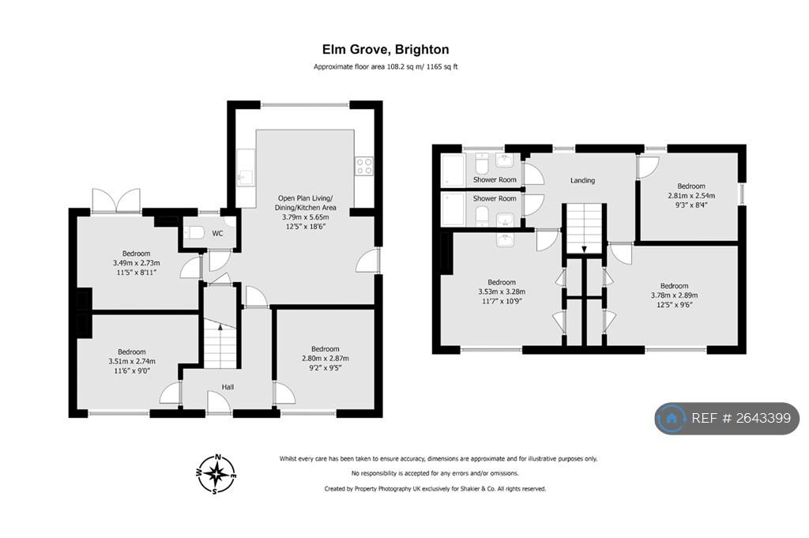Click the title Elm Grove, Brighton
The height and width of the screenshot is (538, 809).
(x=386, y=50)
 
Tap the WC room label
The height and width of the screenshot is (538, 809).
(x=218, y=234)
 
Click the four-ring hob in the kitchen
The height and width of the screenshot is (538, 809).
(x=364, y=166)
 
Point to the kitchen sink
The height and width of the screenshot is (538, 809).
(x=245, y=177)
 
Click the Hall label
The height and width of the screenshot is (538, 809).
(x=228, y=387)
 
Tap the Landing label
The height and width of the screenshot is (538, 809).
(x=582, y=181)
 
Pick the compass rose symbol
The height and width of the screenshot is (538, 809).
(x=217, y=474)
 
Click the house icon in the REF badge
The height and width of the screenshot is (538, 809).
(x=672, y=418)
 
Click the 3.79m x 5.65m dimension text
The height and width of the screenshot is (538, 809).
(x=306, y=217)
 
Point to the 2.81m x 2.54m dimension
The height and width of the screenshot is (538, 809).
(x=691, y=195)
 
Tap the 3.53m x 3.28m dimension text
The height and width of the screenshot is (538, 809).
(x=502, y=292)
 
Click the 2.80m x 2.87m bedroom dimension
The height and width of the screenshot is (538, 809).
(x=325, y=359)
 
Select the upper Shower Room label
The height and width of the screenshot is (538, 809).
(x=495, y=179)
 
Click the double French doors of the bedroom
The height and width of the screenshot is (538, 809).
(x=116, y=201)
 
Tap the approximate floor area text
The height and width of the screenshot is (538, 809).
(x=386, y=66)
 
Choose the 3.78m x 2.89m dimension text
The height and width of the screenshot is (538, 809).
(x=675, y=295)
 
